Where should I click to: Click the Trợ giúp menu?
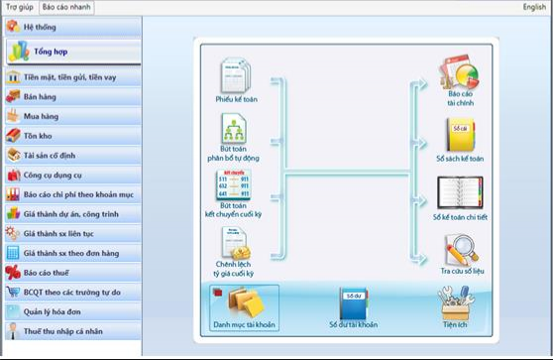point(19,6)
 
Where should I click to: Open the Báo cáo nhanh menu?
point(66,6)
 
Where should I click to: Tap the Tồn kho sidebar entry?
point(41,135)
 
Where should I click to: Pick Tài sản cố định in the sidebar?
point(55,155)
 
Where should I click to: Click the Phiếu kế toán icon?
point(235,75)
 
